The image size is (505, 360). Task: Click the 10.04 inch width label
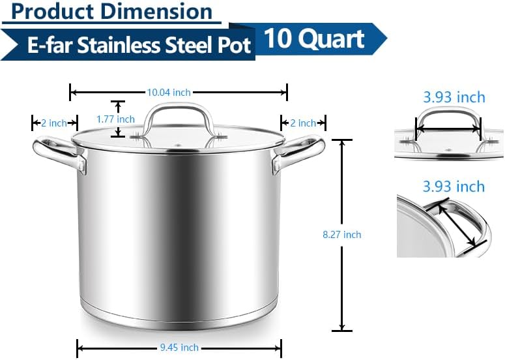[168, 93]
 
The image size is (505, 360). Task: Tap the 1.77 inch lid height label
[115, 119]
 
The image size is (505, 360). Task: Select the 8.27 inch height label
[341, 235]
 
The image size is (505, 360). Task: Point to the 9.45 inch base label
[179, 348]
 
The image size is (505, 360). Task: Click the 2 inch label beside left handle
[54, 123]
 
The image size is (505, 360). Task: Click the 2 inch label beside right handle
[303, 123]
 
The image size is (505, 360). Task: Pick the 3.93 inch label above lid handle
[454, 97]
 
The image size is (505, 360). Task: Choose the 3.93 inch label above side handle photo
[454, 187]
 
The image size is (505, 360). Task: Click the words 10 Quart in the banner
[314, 39]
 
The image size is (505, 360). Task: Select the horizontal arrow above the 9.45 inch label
[179, 339]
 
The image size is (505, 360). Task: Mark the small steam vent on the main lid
[178, 143]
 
